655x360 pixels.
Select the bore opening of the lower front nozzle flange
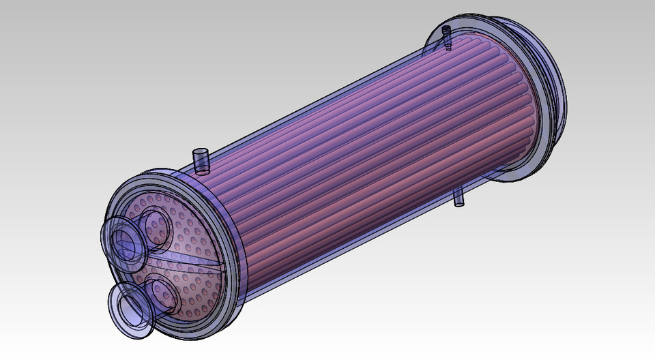click(130, 307)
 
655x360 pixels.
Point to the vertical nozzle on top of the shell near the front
click(200, 161)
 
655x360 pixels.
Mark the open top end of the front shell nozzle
click(200, 151)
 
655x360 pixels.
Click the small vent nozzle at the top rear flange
click(447, 37)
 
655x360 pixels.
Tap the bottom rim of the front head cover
click(184, 334)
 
